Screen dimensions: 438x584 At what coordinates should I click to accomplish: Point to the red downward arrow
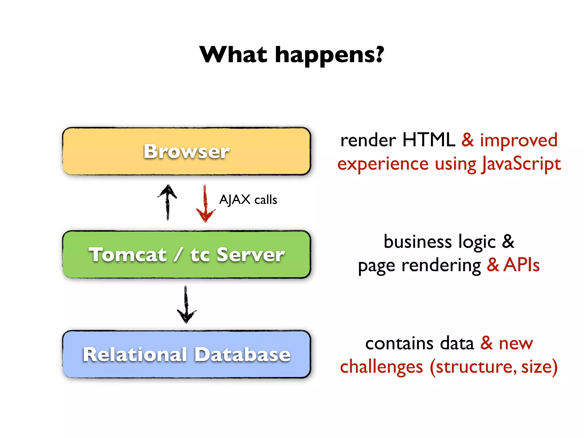point(205,203)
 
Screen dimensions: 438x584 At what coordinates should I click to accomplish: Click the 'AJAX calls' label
point(248,200)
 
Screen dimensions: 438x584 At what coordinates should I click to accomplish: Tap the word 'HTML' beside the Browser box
point(429,140)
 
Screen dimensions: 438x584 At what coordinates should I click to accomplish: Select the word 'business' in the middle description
point(417,242)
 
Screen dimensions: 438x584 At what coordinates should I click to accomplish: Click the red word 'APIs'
point(521,265)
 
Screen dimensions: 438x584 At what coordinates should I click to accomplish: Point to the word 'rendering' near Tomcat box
point(441,266)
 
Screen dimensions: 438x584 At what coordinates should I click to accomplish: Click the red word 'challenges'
point(381,367)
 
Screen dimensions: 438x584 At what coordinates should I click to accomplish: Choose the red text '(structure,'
point(473,367)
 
